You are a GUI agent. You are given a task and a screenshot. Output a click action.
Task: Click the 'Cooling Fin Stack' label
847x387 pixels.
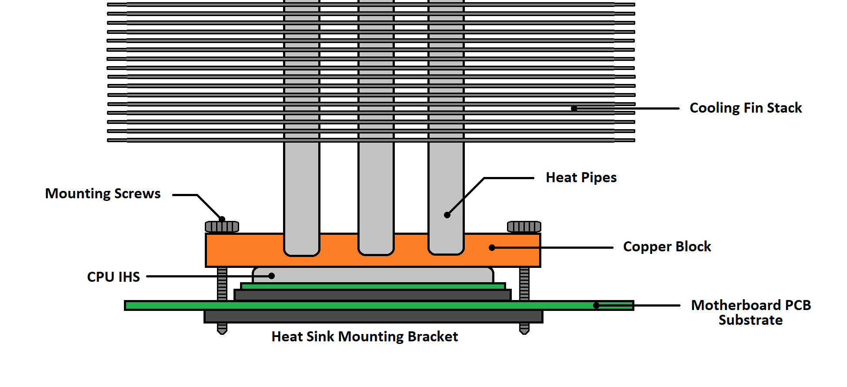pyautogui.click(x=745, y=108)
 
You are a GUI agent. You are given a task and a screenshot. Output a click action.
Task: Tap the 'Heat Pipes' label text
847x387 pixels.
pyautogui.click(x=581, y=177)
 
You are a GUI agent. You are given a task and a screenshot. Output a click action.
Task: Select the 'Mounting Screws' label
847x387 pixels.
pyautogui.click(x=103, y=193)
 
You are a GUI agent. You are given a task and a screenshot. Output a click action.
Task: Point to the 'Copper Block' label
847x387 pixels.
pyautogui.click(x=667, y=247)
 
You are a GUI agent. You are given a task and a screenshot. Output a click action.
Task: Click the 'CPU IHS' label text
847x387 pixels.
pyautogui.click(x=113, y=277)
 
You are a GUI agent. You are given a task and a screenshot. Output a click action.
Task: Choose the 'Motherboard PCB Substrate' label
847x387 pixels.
pyautogui.click(x=750, y=312)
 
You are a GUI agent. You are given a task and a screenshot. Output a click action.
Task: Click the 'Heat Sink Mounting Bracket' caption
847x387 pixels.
pyautogui.click(x=364, y=337)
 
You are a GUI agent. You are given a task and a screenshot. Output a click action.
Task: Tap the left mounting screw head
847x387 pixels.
pyautogui.click(x=222, y=227)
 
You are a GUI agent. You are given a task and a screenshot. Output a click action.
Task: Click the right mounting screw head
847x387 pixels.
pyautogui.click(x=524, y=227)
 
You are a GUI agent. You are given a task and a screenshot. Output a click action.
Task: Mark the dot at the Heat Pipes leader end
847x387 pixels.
pyautogui.click(x=447, y=215)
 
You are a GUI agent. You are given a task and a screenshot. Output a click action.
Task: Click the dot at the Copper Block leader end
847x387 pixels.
pyautogui.click(x=492, y=247)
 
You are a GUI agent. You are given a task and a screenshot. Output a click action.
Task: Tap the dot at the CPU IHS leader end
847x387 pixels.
pyautogui.click(x=271, y=276)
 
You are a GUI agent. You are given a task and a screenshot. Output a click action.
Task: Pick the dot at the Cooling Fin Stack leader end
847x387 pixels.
pyautogui.click(x=574, y=108)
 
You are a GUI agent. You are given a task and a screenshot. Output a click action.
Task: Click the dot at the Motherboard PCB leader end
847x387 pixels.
pyautogui.click(x=596, y=306)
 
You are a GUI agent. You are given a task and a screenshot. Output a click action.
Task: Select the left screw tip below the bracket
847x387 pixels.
pyautogui.click(x=222, y=329)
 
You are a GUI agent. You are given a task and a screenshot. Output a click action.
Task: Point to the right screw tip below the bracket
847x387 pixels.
pyautogui.click(x=524, y=329)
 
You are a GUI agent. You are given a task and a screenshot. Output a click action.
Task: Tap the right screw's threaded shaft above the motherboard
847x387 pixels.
pyautogui.click(x=524, y=284)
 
